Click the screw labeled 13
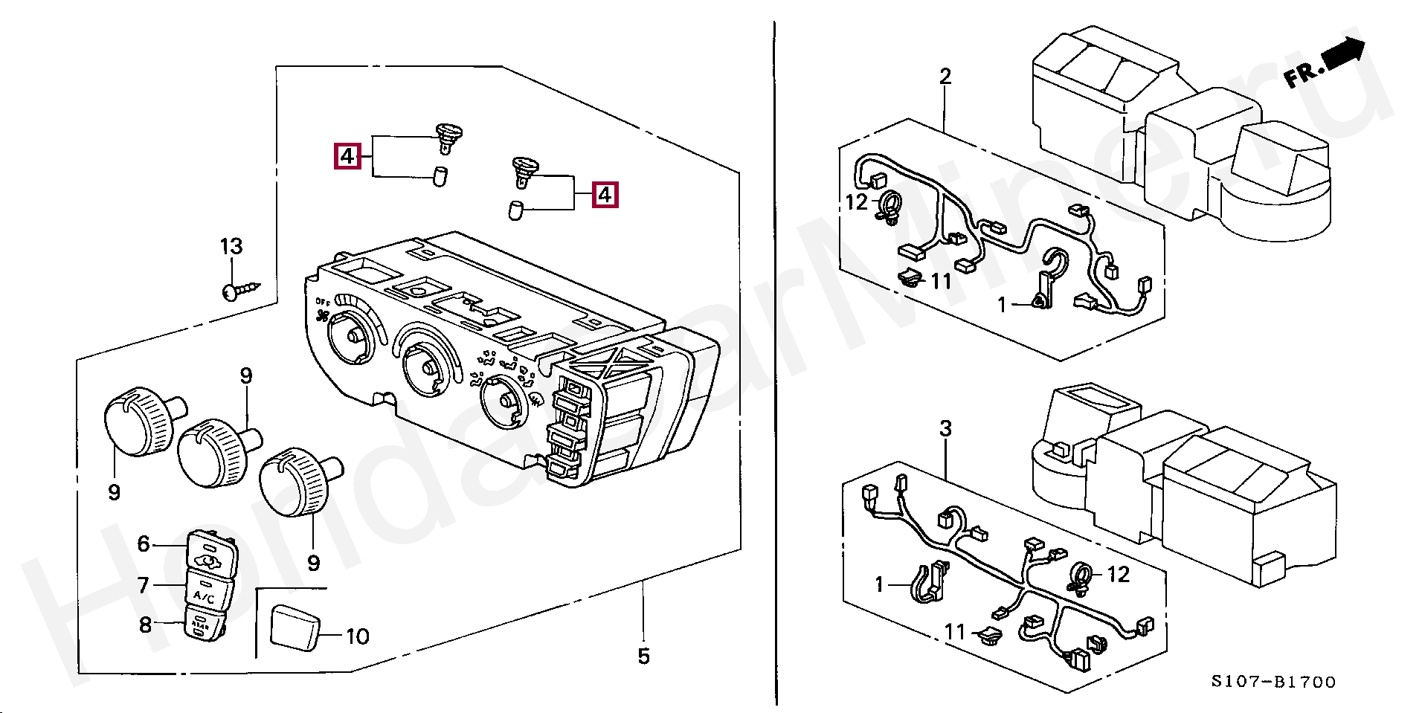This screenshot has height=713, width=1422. tap(242, 290)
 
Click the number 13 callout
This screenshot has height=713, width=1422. tap(231, 246)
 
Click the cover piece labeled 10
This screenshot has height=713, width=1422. tap(294, 627)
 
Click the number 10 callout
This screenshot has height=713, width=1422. tap(357, 636)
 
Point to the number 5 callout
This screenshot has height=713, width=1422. tap(643, 656)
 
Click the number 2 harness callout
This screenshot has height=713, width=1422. tap(945, 76)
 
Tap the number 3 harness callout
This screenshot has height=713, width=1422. tap(945, 428)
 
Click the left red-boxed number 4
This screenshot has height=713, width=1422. tap(347, 157)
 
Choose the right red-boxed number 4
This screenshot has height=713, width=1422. tap(605, 195)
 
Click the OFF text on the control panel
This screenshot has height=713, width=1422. tap(322, 302)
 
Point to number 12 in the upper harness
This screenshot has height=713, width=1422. tap(857, 201)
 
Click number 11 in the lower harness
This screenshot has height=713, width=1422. tap(955, 632)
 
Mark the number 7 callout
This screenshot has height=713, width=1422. tap(144, 585)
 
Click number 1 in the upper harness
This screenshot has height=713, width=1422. tap(1002, 304)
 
